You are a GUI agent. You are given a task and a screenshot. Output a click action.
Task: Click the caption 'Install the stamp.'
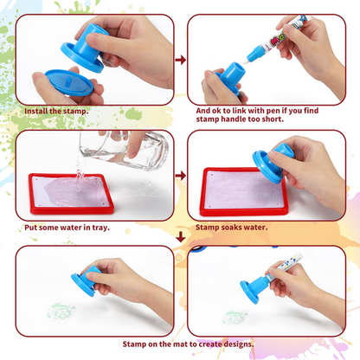point(56,112)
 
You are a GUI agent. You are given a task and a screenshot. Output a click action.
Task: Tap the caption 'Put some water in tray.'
point(67,228)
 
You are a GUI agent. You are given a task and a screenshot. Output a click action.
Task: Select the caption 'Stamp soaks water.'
point(232,228)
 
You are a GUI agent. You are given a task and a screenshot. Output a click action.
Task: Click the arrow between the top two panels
point(181,60)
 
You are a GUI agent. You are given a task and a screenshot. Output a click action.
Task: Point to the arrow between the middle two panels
point(181,175)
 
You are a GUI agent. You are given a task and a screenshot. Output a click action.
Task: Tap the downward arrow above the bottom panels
point(181,236)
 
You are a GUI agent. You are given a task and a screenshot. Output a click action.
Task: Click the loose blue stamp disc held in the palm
point(69,82)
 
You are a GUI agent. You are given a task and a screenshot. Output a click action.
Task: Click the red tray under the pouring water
point(71,194)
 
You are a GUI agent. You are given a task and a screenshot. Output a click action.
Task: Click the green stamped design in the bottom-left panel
point(61,312)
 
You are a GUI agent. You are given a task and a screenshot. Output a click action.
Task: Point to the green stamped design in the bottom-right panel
point(235,318)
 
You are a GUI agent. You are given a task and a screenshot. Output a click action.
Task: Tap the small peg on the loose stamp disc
point(67,80)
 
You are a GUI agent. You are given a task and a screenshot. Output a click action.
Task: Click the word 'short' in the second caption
point(272,119)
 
